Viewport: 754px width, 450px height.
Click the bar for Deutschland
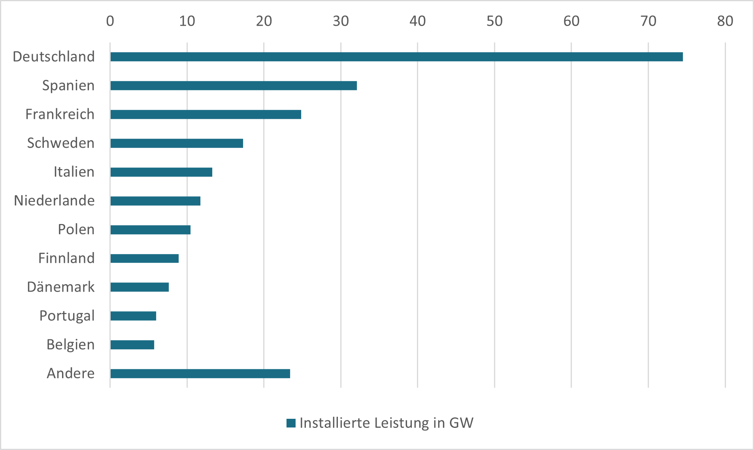396,57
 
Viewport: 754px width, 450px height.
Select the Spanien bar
234,86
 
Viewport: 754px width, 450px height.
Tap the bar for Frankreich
205,115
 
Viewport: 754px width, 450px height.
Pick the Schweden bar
177,143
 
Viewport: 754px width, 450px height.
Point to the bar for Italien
161,172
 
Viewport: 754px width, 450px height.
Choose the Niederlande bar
155,201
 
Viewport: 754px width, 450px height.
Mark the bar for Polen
150,230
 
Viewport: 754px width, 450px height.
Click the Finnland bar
144,259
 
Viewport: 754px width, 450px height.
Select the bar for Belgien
132,345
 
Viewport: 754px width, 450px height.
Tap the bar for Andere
200,374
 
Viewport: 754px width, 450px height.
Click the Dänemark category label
61,287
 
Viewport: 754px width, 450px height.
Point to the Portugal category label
67,316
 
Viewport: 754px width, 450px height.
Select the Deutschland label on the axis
54,57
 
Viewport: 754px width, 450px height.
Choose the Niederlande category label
54,201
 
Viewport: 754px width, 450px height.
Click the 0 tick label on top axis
110,21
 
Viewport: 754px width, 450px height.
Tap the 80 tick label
725,21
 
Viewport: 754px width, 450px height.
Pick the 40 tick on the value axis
417,21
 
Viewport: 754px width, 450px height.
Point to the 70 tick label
648,21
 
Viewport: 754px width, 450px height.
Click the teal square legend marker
291,423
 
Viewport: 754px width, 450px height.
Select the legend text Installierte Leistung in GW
386,423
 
